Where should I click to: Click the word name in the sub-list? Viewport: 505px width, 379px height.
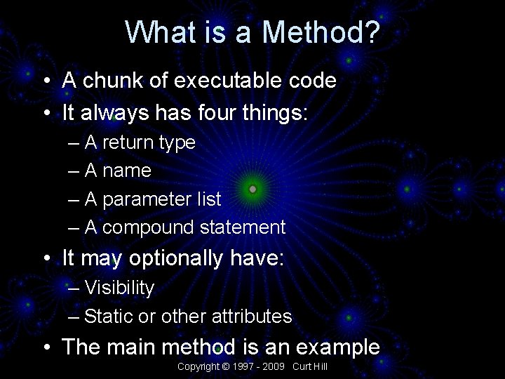click(127, 171)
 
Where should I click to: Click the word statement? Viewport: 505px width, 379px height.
click(243, 227)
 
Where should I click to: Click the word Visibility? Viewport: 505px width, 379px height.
click(119, 288)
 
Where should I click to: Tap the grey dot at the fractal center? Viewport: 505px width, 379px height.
click(252, 189)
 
